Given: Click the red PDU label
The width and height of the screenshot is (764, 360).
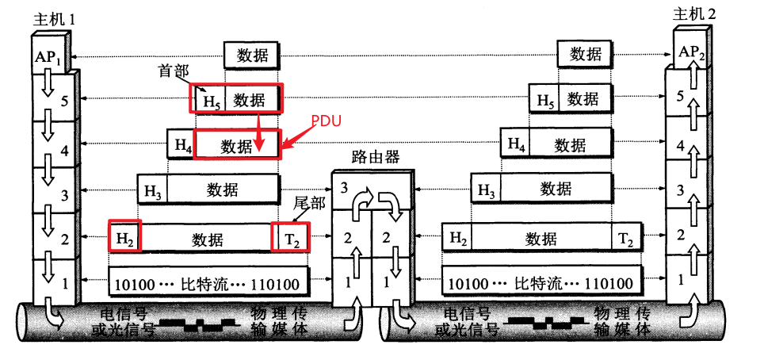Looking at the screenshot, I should point(326,124).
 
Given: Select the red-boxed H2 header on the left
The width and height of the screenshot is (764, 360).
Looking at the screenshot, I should point(124,237).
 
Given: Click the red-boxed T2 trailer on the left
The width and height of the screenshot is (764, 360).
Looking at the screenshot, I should point(290,237).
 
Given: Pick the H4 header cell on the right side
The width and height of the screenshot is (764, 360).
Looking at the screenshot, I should point(516,145).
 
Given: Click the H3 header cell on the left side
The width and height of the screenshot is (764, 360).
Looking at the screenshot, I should point(152,190).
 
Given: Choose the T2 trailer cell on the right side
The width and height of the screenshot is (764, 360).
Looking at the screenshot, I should point(625,237).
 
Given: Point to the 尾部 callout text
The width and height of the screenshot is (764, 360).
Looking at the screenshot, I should point(309,204).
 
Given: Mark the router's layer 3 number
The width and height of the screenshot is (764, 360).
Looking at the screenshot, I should point(343,187).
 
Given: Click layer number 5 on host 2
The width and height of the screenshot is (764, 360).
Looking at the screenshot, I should point(679,96).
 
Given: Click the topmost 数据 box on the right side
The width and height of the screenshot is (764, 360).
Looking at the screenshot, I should point(585,54).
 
